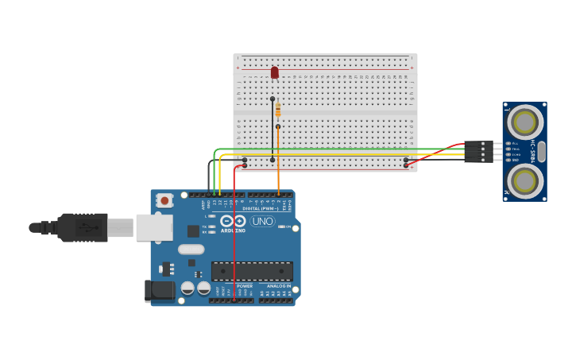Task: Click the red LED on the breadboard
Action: click(x=275, y=72)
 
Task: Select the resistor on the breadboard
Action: click(x=278, y=110)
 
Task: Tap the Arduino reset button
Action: click(x=164, y=201)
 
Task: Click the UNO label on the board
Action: click(x=263, y=221)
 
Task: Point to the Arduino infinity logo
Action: click(x=233, y=221)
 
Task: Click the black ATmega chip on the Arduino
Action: click(x=252, y=271)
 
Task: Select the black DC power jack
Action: click(x=159, y=291)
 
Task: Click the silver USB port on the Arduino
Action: click(x=153, y=227)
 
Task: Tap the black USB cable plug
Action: click(x=83, y=227)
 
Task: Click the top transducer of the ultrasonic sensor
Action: click(x=524, y=122)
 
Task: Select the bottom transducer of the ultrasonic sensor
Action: click(x=524, y=181)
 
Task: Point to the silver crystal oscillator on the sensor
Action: click(x=542, y=151)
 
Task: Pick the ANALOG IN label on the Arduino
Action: click(x=278, y=285)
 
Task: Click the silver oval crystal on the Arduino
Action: click(x=191, y=249)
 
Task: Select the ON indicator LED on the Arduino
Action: click(x=282, y=226)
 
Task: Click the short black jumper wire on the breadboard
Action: click(x=273, y=131)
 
